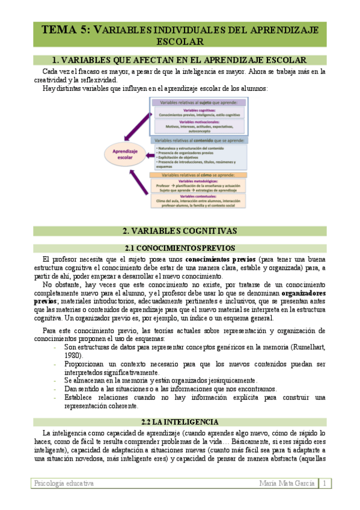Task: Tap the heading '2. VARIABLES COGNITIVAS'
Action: click(x=180, y=214)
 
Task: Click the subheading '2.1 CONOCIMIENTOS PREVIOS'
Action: click(x=180, y=231)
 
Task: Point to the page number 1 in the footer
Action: click(x=325, y=484)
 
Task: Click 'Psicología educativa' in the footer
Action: click(x=64, y=484)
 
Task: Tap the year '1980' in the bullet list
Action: click(x=73, y=355)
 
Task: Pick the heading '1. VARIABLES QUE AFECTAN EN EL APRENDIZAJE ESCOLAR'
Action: click(x=180, y=60)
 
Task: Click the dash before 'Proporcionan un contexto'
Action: click(x=56, y=364)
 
